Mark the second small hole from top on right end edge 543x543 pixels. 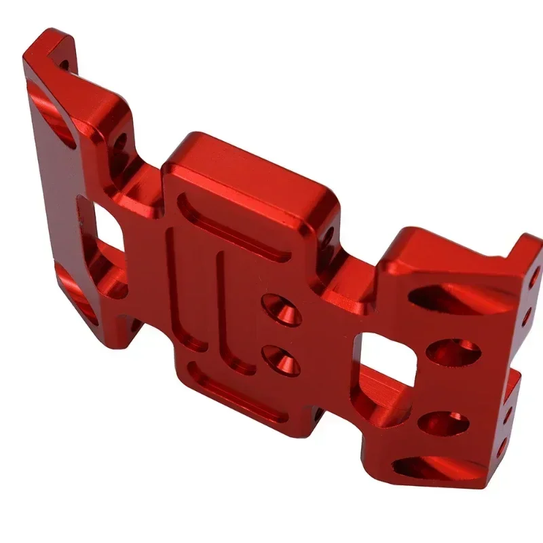(526, 316)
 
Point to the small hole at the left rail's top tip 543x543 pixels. (64, 64)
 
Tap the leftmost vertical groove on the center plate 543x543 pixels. (178, 285)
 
